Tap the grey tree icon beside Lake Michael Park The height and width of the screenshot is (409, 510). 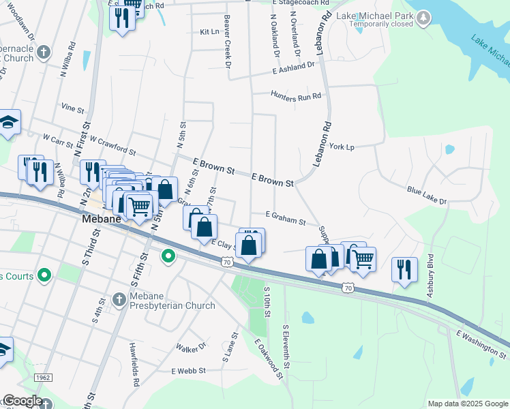click(x=423, y=16)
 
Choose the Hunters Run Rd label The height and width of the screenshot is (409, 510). click(x=295, y=96)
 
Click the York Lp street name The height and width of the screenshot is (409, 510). click(x=342, y=147)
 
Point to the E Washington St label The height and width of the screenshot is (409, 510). click(x=481, y=343)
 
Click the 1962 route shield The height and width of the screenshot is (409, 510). click(x=42, y=377)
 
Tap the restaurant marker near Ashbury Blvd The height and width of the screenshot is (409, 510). click(x=404, y=269)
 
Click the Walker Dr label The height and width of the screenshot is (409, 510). click(x=191, y=347)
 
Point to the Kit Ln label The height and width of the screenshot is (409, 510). click(x=209, y=31)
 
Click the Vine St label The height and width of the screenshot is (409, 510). click(x=72, y=108)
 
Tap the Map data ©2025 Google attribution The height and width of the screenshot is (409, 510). click(x=467, y=404)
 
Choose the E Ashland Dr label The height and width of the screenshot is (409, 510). click(x=293, y=67)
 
